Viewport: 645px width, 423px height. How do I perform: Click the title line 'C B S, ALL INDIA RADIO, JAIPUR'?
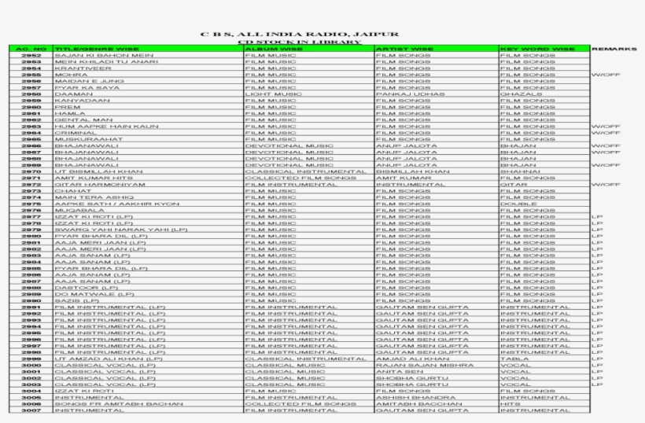299,35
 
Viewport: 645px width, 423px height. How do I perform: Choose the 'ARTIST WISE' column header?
405,50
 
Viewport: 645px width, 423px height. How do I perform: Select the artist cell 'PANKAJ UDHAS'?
404,94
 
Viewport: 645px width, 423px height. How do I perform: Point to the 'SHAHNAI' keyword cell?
520,171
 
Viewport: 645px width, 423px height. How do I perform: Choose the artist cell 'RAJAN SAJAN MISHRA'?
425,365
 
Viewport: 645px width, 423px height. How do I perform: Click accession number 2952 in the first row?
31,56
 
